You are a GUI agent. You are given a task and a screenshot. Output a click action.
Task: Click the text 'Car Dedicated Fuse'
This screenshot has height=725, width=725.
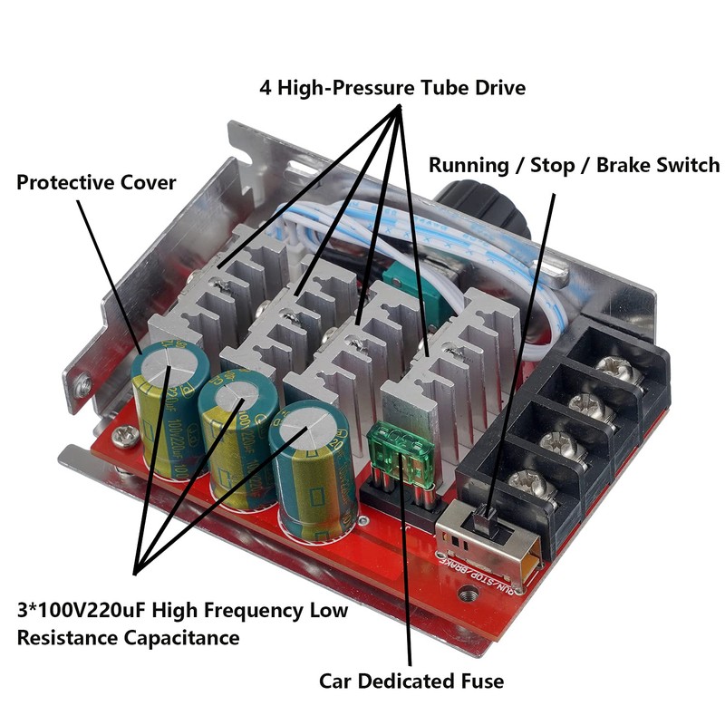click(x=411, y=681)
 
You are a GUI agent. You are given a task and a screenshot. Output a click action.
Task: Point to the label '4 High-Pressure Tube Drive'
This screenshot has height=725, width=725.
click(x=392, y=89)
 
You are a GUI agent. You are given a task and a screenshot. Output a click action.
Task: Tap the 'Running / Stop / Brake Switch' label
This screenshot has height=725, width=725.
click(x=574, y=165)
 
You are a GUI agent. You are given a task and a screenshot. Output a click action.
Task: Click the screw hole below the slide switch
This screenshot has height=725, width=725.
click(x=469, y=595)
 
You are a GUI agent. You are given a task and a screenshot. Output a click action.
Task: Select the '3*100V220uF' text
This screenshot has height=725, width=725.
click(x=81, y=609)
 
